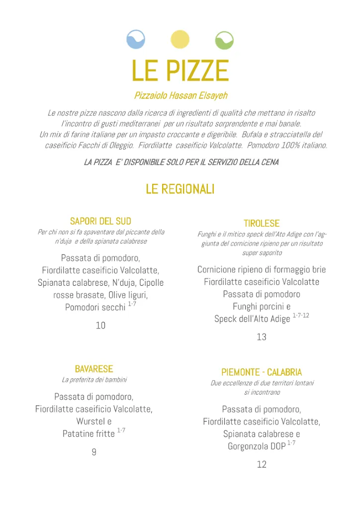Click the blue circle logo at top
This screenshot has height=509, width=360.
coord(136,39)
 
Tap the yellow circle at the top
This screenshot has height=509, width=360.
coord(180,39)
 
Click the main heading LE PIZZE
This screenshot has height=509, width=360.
coord(180,71)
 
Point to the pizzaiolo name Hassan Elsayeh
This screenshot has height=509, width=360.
coord(180,95)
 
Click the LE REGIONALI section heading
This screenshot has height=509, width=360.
coord(180,189)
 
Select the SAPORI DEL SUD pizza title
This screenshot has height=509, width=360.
coord(100,221)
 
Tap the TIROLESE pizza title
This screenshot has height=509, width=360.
coord(262,224)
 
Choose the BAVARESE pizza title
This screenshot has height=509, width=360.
coord(94,369)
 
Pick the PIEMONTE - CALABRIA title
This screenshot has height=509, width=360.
coord(262,372)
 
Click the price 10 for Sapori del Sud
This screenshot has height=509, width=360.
coord(100,326)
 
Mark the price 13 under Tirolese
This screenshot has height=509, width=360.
coord(262,337)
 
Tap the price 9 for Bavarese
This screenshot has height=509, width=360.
coord(94,452)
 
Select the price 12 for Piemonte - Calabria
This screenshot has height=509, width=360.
coord(262,465)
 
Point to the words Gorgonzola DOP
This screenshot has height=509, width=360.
coord(257,446)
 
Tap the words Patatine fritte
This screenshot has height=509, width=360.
coord(89,434)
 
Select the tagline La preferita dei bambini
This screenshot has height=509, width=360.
coord(94,380)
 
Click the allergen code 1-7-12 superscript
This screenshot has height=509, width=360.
coord(301,316)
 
